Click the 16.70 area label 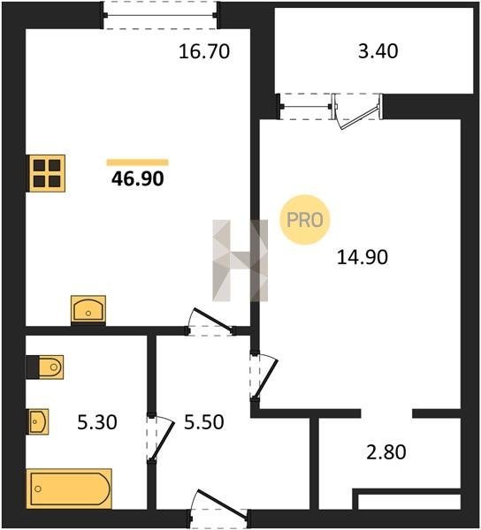point(204,52)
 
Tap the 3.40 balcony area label point(378,51)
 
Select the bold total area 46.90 point(138,178)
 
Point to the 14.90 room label point(362,257)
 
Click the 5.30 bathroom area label point(97,422)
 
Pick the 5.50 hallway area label point(203,422)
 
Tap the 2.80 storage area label point(386,452)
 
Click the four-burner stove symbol point(47,173)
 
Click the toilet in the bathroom point(45,367)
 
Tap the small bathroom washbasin point(38,421)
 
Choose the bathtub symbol point(69,488)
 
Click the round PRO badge point(305,220)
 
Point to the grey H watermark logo point(240,261)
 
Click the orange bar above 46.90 point(137,163)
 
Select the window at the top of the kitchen point(160,15)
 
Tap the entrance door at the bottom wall point(218,510)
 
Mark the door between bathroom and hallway point(160,438)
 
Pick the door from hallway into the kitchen point(210,322)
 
